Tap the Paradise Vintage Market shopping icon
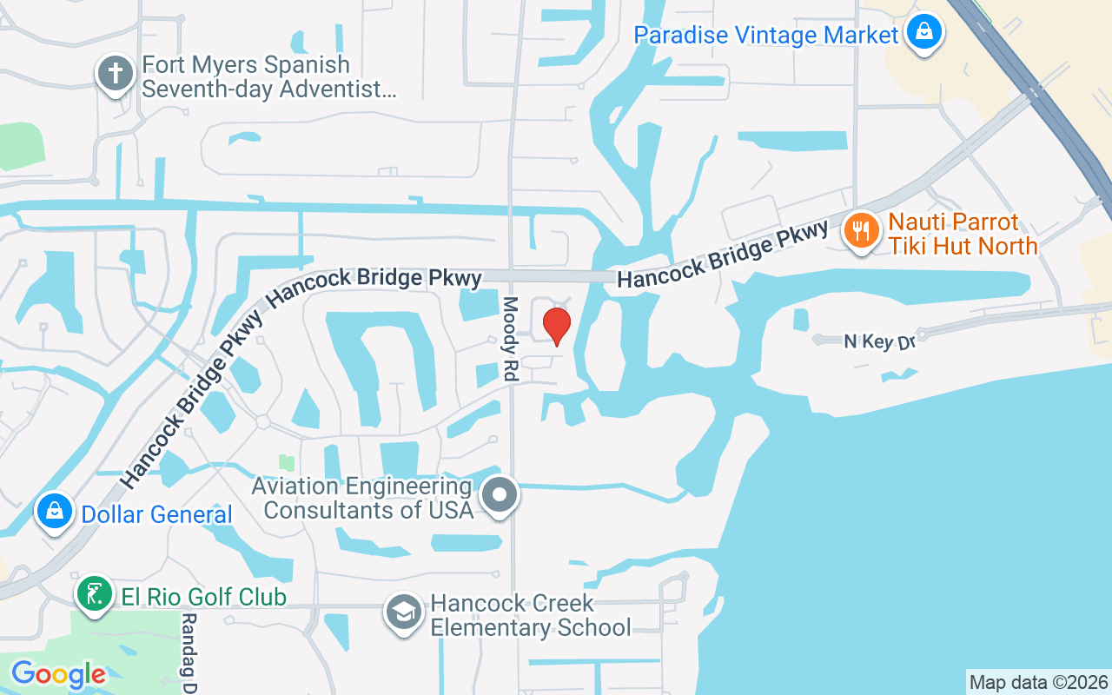(924, 33)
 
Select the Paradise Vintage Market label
(765, 35)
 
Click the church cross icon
(115, 75)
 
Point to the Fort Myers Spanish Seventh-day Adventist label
(268, 76)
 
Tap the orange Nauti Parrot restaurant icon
(861, 231)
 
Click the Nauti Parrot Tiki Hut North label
(963, 235)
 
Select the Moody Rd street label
(510, 339)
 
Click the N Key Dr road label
(880, 341)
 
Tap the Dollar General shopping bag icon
(54, 512)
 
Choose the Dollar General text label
(156, 514)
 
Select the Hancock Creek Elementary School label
(531, 615)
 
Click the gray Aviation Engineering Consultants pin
(500, 495)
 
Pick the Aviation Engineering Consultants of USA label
(361, 498)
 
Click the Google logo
(58, 674)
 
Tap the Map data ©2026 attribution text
(1038, 682)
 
